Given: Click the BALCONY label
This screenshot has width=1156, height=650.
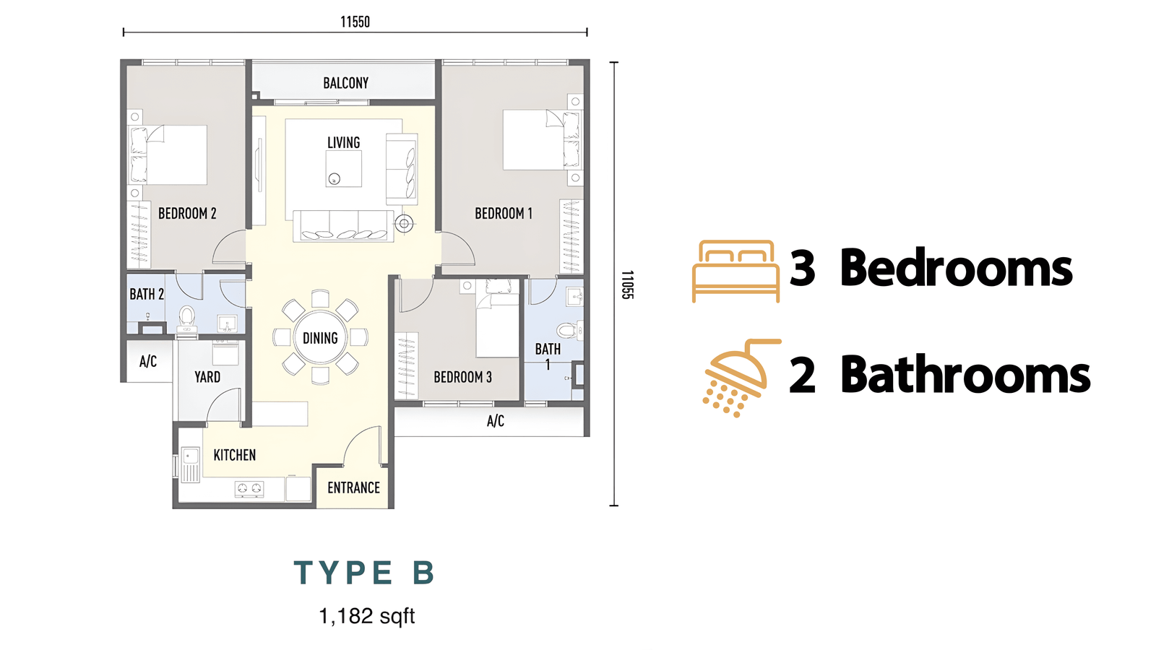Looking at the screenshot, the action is [346, 83].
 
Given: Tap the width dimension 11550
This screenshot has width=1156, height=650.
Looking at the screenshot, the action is [355, 22].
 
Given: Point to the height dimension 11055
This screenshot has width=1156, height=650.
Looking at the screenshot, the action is [627, 285].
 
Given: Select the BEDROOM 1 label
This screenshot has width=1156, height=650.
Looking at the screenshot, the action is [503, 214].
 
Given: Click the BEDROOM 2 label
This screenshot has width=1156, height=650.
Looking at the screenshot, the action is [187, 214].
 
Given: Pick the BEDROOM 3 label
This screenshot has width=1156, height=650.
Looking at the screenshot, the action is [462, 378].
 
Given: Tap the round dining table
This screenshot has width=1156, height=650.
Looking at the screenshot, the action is [321, 338].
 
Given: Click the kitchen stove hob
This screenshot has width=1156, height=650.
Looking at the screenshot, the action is [249, 488].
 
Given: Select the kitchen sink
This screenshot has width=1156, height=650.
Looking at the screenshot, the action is [190, 464].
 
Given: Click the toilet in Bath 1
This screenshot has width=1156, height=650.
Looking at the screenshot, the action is [570, 329].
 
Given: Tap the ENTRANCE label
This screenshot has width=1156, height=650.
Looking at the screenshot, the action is [353, 488].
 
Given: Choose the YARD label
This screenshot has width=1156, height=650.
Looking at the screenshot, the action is [207, 377].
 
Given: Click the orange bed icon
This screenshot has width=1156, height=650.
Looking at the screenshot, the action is [736, 272].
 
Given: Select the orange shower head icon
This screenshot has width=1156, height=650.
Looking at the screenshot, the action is [741, 378].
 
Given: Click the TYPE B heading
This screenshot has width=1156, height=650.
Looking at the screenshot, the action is [364, 573].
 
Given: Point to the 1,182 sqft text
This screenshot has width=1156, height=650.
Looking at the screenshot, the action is [367, 616].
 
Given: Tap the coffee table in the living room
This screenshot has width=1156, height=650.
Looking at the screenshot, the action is [344, 169].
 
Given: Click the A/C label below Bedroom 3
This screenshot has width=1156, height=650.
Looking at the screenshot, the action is [496, 422].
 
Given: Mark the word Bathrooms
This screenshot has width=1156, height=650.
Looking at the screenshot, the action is [965, 375].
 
